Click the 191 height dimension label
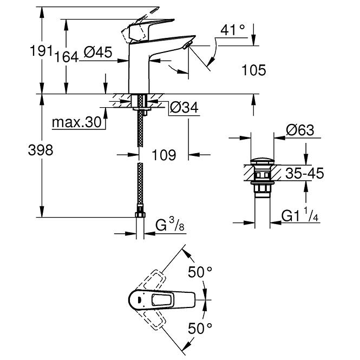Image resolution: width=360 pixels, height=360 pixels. tap(41, 51)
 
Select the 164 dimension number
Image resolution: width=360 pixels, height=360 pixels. tap(67, 57)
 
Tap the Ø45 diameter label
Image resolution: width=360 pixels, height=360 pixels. tap(98, 52)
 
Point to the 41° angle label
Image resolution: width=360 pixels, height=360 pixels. tap(233, 30)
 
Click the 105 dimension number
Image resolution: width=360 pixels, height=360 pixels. tap(254, 70)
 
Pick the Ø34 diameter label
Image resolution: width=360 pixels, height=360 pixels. tap(184, 107)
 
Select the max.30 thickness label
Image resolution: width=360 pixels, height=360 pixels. tap(77, 122)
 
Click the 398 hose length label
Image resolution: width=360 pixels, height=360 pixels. tap(41, 150)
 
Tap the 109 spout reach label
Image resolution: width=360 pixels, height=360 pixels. tap(164, 155)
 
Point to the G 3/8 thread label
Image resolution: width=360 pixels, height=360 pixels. tap(170, 225)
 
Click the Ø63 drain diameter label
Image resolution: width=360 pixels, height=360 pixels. tap(300, 130)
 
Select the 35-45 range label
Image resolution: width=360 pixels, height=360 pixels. tap(305, 173)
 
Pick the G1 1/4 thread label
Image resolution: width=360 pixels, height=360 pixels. tap(300, 215)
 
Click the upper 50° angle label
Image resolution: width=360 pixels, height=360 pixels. tap(200, 272)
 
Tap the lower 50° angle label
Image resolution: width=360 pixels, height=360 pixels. tap(200, 328)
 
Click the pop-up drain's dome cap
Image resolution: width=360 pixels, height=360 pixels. tap(263, 161)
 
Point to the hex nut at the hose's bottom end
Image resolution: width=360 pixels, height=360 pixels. tap(140, 215)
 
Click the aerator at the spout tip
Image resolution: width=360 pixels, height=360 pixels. tap(188, 45)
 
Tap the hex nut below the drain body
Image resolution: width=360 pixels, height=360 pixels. tap(263, 189)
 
